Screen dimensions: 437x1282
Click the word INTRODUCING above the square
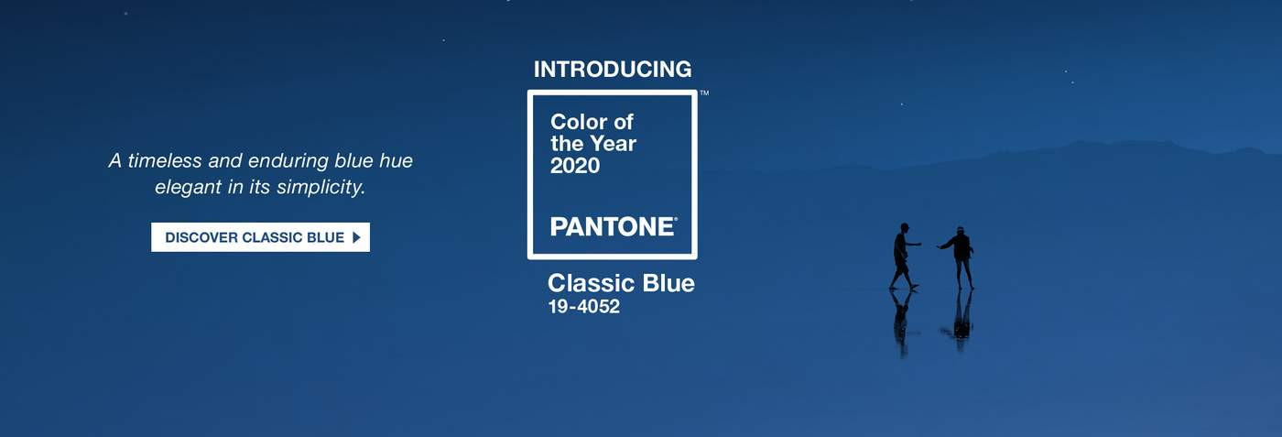(x=613, y=69)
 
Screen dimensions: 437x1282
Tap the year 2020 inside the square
(x=575, y=166)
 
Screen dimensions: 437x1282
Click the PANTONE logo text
(x=613, y=226)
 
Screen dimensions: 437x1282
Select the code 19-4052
(x=583, y=307)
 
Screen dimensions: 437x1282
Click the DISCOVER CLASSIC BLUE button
(x=260, y=237)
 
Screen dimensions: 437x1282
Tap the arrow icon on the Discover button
(x=356, y=237)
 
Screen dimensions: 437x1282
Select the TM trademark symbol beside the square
(x=704, y=93)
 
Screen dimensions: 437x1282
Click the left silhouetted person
(x=903, y=255)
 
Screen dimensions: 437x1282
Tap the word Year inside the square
(x=611, y=144)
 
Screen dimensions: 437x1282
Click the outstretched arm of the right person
(x=944, y=245)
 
